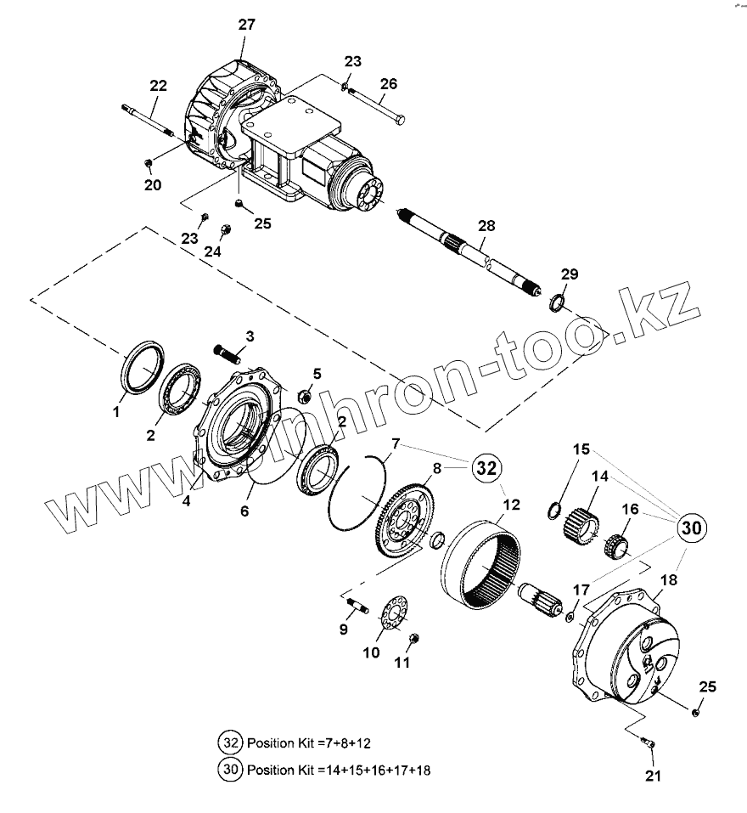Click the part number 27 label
coord(246,25)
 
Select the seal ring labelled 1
coord(143,364)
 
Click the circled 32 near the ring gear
coord(486,467)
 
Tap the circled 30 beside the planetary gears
coord(693,528)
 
